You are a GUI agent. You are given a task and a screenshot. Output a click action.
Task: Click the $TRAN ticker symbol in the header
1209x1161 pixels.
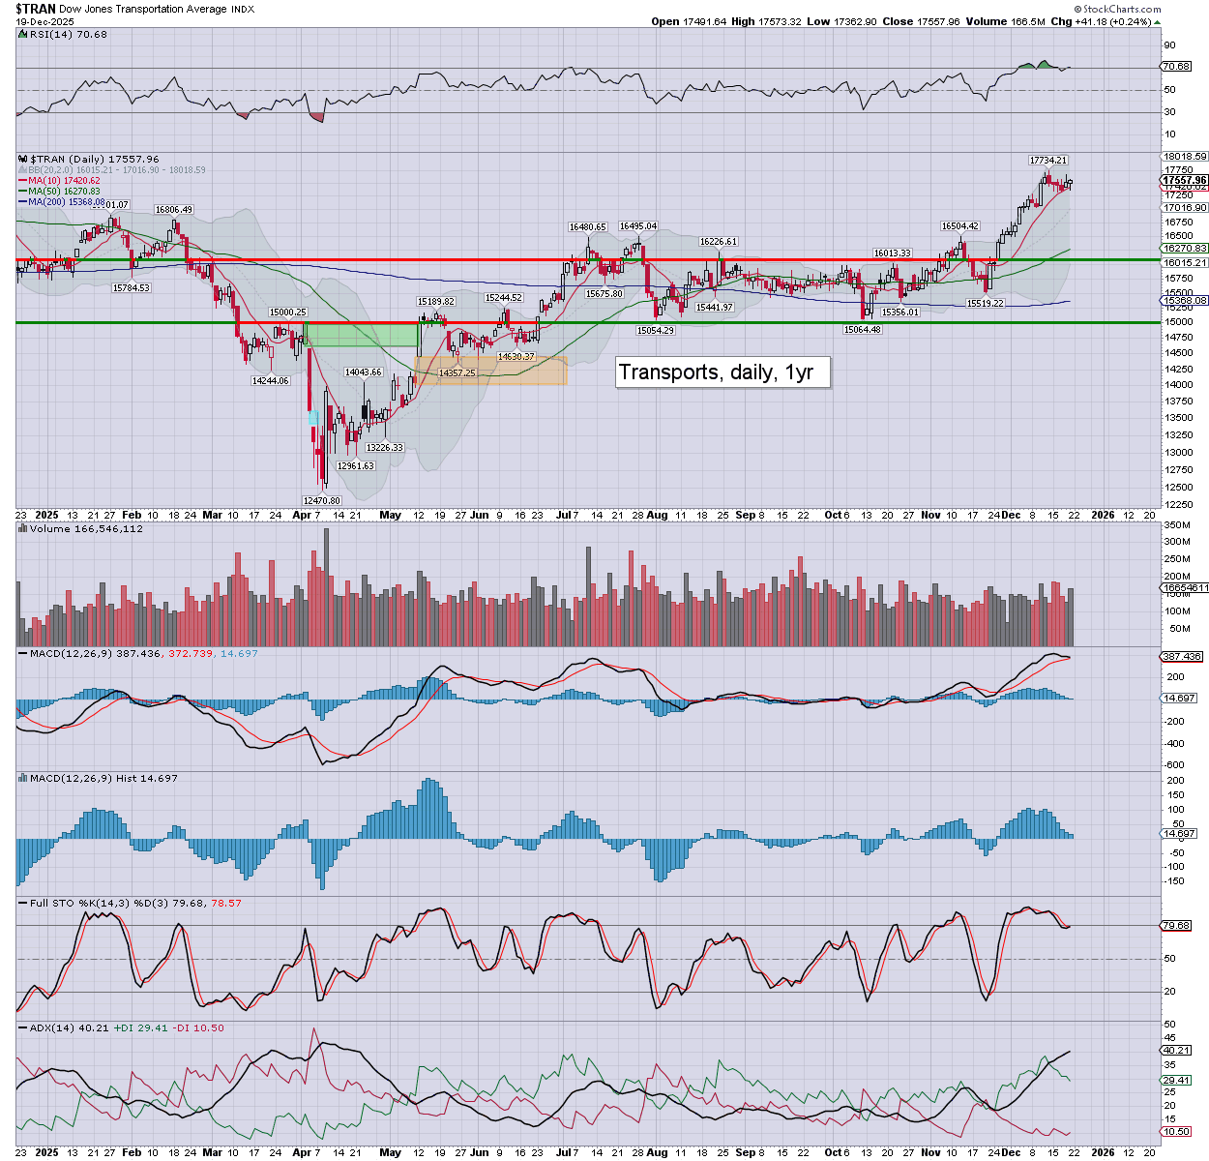click(x=35, y=9)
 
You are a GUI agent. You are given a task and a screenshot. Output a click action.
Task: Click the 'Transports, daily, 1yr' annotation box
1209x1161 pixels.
click(x=722, y=372)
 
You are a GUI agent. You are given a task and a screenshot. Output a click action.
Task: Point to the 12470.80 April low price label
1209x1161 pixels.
click(x=321, y=500)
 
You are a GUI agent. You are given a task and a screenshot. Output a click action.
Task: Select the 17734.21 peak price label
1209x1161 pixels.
click(x=1047, y=160)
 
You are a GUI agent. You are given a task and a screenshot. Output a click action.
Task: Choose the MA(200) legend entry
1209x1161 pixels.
click(x=66, y=202)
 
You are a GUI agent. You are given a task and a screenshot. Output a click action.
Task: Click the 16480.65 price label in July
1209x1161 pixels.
click(x=587, y=226)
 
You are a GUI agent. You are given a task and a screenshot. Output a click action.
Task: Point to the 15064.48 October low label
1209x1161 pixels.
click(x=862, y=330)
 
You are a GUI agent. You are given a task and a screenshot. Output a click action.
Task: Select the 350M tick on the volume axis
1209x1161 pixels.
click(x=1176, y=525)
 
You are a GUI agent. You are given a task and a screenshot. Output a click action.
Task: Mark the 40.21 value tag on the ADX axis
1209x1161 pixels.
click(x=1176, y=1050)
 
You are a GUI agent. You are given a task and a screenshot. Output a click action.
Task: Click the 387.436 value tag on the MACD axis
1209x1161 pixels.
click(x=1181, y=656)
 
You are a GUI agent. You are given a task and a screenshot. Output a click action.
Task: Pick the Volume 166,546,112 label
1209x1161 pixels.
click(x=86, y=529)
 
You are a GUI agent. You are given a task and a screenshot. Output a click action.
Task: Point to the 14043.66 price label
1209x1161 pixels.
click(x=363, y=372)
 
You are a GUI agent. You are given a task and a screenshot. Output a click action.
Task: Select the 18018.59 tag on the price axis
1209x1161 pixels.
click(x=1185, y=156)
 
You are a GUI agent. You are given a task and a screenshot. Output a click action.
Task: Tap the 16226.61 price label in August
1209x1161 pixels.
click(x=719, y=242)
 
